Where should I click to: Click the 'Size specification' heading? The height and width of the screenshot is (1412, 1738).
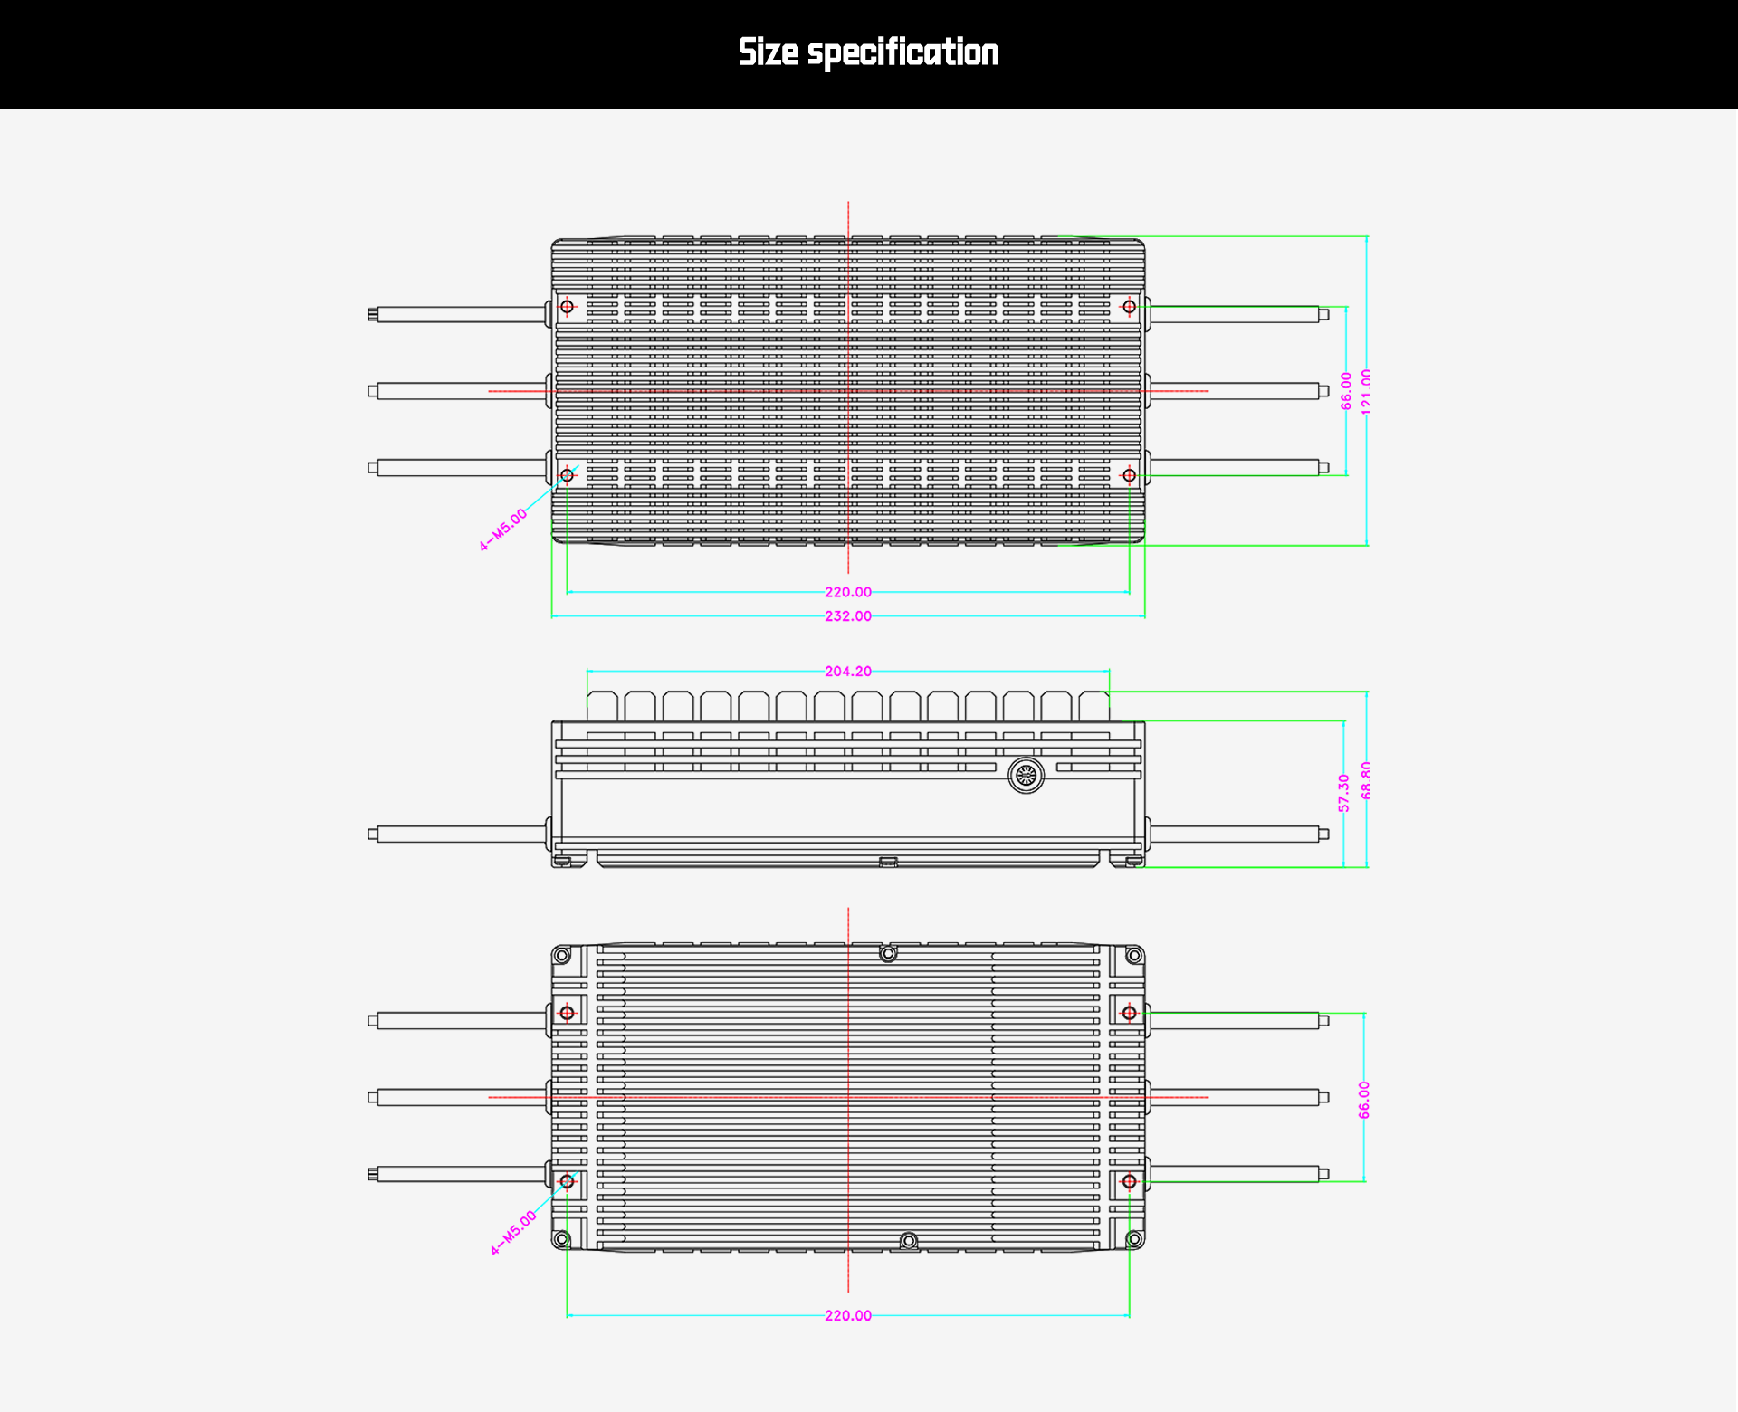[868, 52]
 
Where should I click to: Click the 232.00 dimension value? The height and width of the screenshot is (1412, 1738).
[848, 616]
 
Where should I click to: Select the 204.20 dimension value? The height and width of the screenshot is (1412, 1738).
[848, 672]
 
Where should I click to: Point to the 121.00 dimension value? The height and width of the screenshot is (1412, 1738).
[1366, 392]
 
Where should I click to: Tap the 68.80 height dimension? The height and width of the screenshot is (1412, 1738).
[1366, 780]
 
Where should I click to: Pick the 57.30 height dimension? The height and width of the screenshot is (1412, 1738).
[1344, 793]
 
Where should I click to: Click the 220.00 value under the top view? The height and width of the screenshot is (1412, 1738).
[848, 592]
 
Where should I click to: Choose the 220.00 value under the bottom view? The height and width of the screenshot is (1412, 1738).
[848, 1315]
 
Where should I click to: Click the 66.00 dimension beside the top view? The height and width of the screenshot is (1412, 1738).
[1346, 391]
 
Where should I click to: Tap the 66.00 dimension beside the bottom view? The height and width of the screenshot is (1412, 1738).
[1364, 1100]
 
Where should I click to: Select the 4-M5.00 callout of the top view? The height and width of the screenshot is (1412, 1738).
[503, 530]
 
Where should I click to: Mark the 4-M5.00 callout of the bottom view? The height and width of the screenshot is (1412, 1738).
[513, 1233]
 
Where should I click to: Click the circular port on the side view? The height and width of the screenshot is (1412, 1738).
[1026, 775]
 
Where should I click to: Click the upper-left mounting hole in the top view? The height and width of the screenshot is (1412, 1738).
[568, 307]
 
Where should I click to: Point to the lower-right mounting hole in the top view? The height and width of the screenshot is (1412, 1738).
[1129, 475]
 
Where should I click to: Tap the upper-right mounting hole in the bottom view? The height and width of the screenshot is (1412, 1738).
[1129, 1013]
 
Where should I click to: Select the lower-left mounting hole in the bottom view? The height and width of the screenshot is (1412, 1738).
[568, 1181]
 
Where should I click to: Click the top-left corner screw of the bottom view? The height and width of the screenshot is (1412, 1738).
[562, 956]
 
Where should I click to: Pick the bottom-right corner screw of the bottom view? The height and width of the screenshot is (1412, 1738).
[1134, 1239]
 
